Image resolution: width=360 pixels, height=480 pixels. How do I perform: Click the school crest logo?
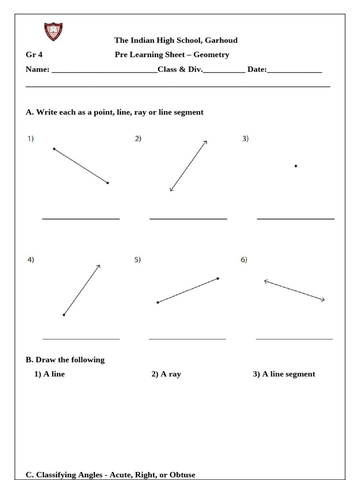click(x=53, y=31)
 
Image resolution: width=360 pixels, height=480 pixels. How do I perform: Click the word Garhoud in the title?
click(x=221, y=40)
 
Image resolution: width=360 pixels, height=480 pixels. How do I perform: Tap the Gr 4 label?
click(x=34, y=55)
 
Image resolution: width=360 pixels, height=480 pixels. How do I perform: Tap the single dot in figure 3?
click(x=295, y=166)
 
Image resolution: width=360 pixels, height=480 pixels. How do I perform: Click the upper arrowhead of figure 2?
click(x=205, y=142)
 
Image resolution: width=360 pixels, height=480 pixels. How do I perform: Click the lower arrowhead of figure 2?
click(x=172, y=189)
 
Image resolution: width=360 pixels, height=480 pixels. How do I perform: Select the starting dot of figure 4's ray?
click(x=64, y=315)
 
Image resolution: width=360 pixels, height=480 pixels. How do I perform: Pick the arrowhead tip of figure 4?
click(x=99, y=266)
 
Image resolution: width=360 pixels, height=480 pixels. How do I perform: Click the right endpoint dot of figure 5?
click(x=218, y=278)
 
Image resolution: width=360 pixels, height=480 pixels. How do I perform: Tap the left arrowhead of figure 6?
click(x=266, y=281)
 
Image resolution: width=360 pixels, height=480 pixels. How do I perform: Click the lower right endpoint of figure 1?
click(x=108, y=183)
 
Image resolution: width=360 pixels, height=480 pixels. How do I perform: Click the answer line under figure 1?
click(x=81, y=218)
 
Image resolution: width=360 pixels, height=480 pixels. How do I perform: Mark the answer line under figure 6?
click(x=294, y=338)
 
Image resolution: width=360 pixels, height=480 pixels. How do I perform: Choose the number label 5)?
click(x=138, y=260)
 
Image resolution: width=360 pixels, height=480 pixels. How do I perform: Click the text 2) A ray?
click(x=166, y=374)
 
